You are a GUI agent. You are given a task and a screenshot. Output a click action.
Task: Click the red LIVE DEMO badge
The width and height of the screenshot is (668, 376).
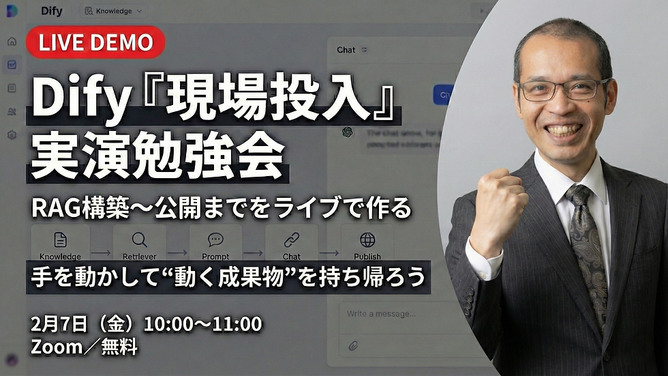[x=95, y=42]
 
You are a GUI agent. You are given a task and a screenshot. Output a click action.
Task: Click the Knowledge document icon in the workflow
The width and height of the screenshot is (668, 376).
[x=60, y=240]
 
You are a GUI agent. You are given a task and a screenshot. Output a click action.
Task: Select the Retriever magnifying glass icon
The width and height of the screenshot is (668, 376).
[x=139, y=240]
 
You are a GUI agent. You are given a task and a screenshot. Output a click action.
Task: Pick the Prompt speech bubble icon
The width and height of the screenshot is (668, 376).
[x=215, y=240]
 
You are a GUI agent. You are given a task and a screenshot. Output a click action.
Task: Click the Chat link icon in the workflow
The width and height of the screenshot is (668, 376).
[x=292, y=240]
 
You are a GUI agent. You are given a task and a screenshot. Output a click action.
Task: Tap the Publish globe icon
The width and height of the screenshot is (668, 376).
[x=367, y=240]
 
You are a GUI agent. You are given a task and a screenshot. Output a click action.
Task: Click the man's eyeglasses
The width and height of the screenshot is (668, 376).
[x=562, y=89]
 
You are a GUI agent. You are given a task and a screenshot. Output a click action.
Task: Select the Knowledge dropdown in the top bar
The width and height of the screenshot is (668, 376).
[x=112, y=11]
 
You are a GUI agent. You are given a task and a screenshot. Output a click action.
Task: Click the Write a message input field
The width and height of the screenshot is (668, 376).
[x=409, y=314]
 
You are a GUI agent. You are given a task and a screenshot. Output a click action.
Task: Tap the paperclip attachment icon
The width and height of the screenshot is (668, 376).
[x=353, y=345]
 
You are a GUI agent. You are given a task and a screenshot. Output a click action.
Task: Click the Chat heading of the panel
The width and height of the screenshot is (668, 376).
[x=346, y=50]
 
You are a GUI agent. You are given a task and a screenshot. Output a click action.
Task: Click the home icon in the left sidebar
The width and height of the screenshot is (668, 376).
[x=12, y=42]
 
